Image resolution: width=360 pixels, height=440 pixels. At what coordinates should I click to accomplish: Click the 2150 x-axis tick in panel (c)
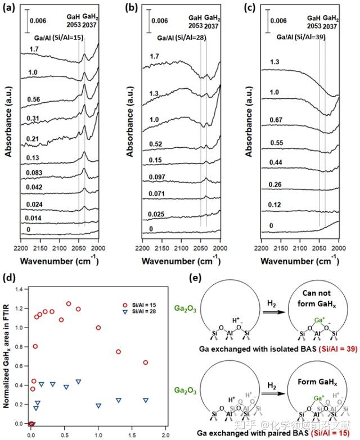coord(281,247)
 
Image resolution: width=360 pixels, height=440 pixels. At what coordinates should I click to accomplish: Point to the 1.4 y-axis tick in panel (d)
coord(22,289)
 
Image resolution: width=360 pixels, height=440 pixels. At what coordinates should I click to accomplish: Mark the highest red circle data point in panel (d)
coord(69,304)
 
